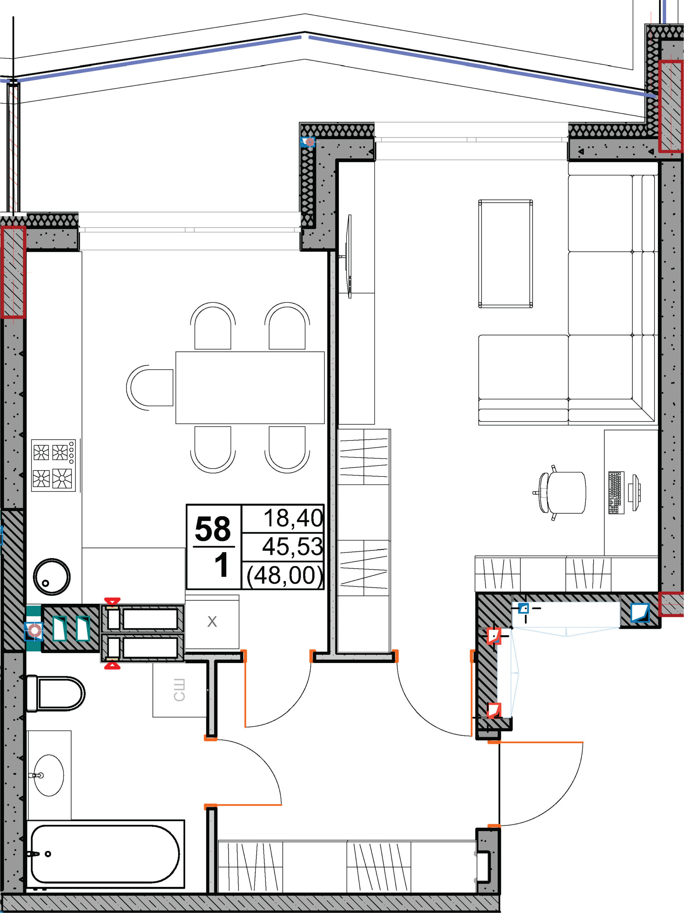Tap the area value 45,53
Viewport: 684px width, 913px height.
pos(293,546)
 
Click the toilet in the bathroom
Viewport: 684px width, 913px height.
pos(56,693)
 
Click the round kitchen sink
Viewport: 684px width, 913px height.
pos(52,577)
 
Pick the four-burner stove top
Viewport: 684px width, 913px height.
pos(53,465)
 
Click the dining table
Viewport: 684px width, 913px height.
pos(250,388)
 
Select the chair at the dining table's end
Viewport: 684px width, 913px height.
pos(150,388)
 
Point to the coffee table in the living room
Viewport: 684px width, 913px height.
pos(506,254)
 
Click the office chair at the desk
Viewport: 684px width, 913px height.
pos(560,493)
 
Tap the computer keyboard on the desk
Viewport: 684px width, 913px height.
pos(616,493)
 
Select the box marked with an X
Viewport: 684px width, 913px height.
pos(212,622)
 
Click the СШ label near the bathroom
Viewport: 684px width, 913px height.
pos(179,690)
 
